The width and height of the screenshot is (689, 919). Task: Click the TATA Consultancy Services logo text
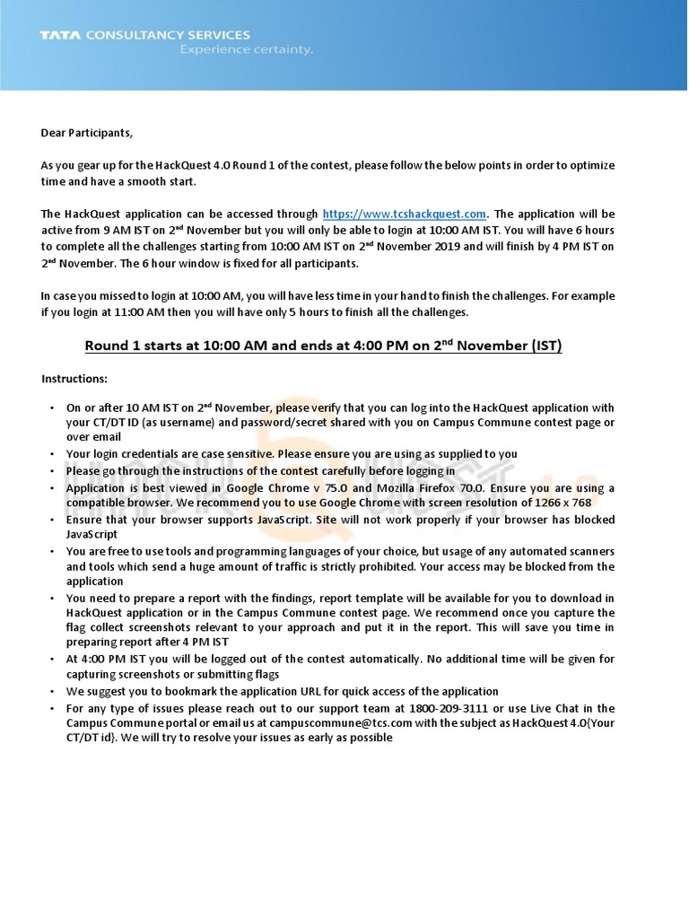click(x=144, y=35)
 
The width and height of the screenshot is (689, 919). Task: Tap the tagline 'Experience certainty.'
click(x=247, y=50)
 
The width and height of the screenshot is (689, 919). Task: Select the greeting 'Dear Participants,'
click(x=86, y=133)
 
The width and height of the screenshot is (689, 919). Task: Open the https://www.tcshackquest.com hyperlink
click(x=404, y=214)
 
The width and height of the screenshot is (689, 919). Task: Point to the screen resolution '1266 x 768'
click(x=557, y=503)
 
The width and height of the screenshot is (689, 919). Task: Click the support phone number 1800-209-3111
click(x=444, y=707)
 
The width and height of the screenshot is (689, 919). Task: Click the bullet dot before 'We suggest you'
click(x=53, y=691)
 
